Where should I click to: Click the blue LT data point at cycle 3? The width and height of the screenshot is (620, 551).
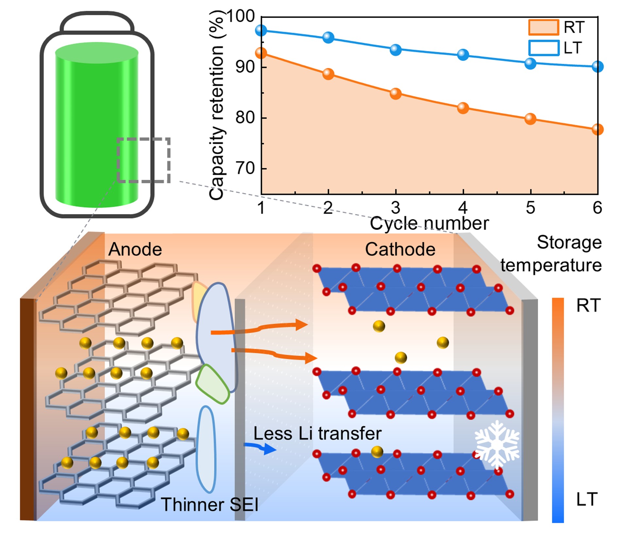(395, 50)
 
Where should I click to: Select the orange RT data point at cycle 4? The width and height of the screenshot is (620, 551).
(463, 108)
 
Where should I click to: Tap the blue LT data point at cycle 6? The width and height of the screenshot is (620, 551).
(597, 67)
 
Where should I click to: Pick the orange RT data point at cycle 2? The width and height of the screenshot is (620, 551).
(328, 74)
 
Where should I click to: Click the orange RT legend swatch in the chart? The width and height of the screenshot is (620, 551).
(544, 27)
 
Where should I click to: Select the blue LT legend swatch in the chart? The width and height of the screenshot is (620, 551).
(544, 48)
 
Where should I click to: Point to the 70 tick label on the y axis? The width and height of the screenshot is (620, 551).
(244, 169)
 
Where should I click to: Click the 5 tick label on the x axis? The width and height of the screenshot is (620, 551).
(530, 208)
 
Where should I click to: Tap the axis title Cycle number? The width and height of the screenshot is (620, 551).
(429, 224)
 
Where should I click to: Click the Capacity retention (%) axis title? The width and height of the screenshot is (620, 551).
(216, 105)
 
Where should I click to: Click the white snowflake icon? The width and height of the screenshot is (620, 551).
(497, 444)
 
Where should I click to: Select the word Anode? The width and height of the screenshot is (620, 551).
(135, 250)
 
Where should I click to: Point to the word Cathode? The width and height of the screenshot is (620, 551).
(400, 250)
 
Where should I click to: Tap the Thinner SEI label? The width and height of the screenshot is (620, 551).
(209, 505)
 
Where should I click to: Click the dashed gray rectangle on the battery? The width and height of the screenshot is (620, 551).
(143, 160)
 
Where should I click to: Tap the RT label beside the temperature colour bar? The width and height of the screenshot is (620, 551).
(588, 306)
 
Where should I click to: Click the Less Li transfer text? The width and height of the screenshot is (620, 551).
(317, 434)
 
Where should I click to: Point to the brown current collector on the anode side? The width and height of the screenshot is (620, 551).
(27, 409)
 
